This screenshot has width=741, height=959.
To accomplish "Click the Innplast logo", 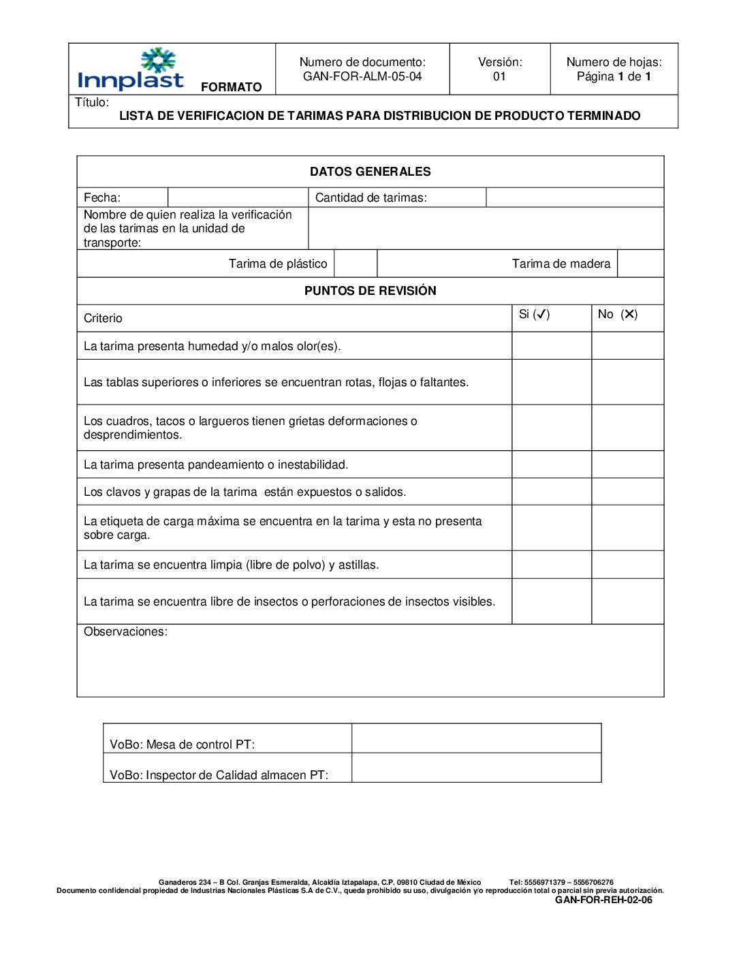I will pos(131,69).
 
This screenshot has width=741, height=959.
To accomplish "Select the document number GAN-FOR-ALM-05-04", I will pos(362,76).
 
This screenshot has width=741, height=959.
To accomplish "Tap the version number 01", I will pos(499,76).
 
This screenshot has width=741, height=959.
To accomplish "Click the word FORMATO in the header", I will pos(231,87).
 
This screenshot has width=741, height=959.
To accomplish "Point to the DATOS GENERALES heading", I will pos(370,172).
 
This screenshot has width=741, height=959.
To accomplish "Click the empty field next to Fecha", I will pos(238,198).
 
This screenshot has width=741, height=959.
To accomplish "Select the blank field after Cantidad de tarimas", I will pos(574,198).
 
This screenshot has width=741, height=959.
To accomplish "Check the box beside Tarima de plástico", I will pos(356,264).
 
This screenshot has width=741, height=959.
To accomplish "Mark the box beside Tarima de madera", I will pos(640,264).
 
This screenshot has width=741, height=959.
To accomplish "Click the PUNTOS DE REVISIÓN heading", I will pos(370,291).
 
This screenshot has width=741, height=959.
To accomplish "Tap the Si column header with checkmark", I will pos(535,315).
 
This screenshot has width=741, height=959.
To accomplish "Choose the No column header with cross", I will pos(618,315).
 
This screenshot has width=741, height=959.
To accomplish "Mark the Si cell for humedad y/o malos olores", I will pos(552,346).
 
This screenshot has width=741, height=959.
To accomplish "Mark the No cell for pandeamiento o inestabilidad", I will pos(627,465).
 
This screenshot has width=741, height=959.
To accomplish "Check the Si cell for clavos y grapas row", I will pos(552,492).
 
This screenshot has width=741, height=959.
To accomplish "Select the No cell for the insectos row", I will pos(627,601).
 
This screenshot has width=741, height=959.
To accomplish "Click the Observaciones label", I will pos(125,632).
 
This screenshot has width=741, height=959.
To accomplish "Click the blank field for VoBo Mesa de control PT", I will pos(476,738).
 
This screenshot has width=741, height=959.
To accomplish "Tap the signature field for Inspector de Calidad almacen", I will pos(476,768).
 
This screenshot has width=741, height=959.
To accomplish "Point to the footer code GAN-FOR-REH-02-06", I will pos(603,900).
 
